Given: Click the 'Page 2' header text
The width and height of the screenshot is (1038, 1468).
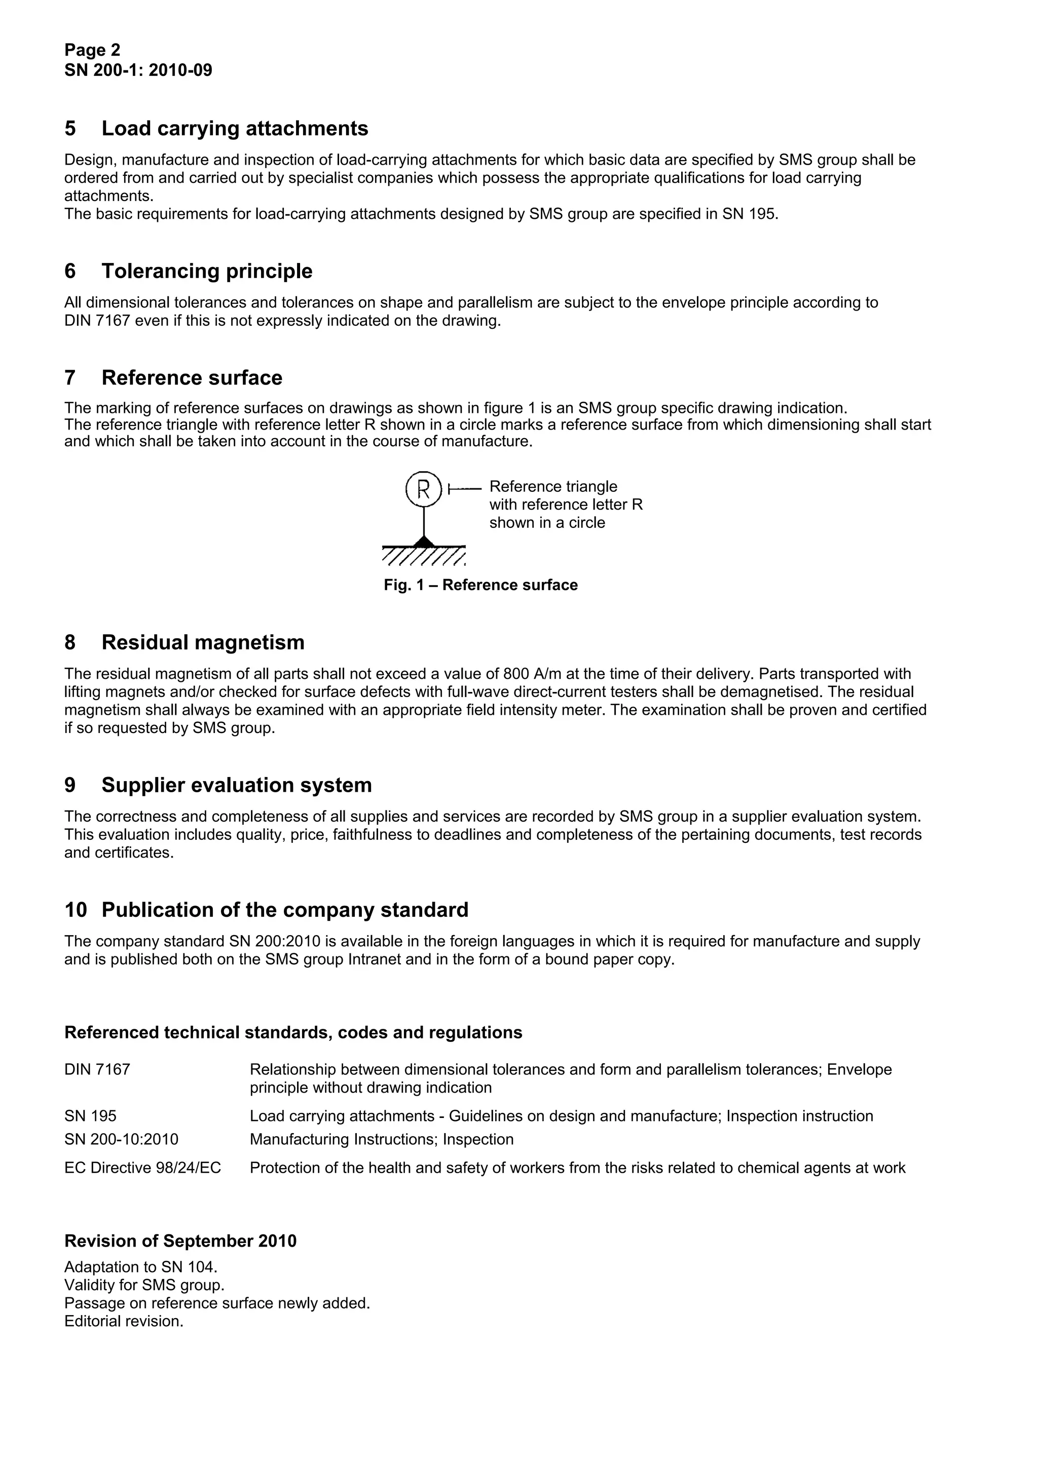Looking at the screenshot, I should click(x=92, y=50).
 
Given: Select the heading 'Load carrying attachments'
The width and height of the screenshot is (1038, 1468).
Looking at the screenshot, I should click(x=235, y=129).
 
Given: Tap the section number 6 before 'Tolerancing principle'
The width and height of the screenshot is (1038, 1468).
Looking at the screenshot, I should click(x=70, y=271).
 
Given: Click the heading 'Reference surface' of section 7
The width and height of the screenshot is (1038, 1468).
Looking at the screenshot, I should click(x=192, y=378).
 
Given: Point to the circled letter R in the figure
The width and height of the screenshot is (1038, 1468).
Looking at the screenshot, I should click(x=423, y=489).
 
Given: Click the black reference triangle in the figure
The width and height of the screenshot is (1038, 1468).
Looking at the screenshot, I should click(x=423, y=542).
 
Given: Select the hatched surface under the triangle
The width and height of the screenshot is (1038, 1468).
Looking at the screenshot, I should click(x=423, y=556).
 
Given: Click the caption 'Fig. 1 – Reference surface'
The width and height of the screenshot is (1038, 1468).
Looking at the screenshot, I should click(x=480, y=585).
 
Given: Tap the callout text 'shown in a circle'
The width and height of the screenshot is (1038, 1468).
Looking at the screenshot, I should click(x=547, y=522).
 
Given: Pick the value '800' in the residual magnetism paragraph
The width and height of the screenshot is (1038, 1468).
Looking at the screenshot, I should click(x=516, y=674).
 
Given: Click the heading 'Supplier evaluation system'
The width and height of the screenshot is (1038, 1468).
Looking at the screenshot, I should click(x=237, y=785).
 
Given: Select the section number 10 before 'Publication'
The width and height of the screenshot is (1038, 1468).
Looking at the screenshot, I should click(x=76, y=910).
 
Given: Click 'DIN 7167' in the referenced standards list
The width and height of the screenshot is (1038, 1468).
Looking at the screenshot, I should click(x=97, y=1070).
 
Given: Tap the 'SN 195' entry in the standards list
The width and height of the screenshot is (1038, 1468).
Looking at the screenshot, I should click(x=90, y=1116).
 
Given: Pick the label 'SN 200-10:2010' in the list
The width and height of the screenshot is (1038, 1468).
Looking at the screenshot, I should click(x=122, y=1139).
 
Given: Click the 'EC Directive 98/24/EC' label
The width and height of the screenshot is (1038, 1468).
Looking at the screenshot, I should click(x=142, y=1168).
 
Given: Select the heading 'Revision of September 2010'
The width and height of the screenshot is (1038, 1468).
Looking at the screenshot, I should click(x=180, y=1241).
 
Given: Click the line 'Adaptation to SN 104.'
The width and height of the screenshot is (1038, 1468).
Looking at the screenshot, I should click(x=141, y=1267).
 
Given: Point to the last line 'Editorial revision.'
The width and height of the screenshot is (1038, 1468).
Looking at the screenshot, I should click(x=124, y=1321).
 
